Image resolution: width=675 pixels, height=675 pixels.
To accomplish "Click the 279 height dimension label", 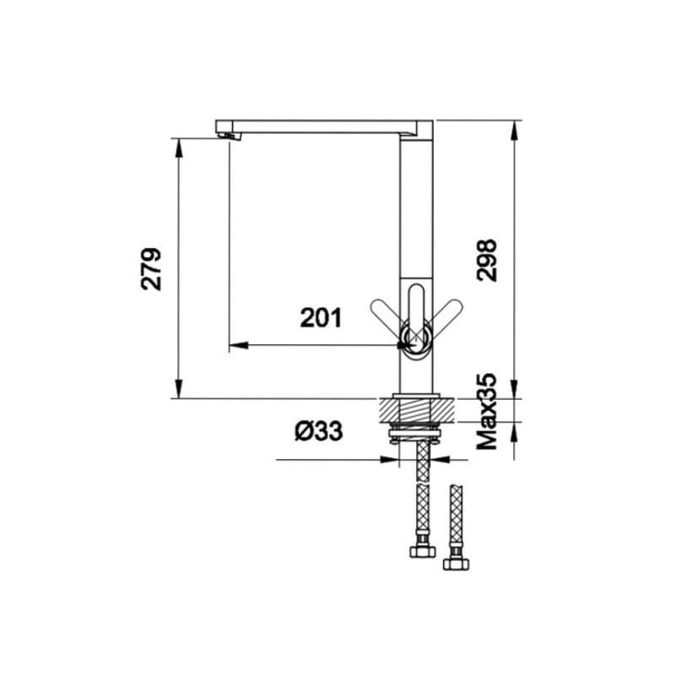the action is (151, 269).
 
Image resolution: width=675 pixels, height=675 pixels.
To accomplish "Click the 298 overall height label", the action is (487, 261).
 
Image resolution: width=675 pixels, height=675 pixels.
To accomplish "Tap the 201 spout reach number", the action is (321, 318).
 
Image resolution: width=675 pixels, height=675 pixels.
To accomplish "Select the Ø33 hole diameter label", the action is (319, 430).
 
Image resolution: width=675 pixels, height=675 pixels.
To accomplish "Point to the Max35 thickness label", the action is (488, 412).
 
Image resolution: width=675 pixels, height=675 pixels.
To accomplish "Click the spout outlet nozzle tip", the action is (229, 136).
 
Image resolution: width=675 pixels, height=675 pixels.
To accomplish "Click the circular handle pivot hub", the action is (416, 340).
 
